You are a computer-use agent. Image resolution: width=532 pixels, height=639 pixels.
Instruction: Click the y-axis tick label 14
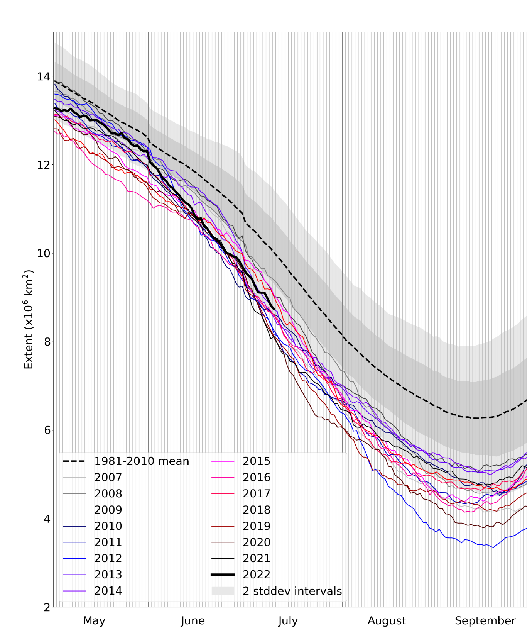click(x=43, y=76)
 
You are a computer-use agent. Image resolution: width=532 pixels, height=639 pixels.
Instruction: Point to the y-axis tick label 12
click(x=43, y=165)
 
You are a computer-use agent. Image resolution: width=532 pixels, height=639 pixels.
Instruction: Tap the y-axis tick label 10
click(x=43, y=253)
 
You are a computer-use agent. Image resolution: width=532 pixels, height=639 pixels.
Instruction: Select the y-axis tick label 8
click(x=47, y=342)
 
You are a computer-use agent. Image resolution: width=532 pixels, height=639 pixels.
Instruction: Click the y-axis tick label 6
click(x=47, y=430)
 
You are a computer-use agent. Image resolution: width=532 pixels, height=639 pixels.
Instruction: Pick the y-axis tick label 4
click(x=47, y=519)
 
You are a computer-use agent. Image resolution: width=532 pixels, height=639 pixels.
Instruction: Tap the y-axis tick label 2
click(x=47, y=607)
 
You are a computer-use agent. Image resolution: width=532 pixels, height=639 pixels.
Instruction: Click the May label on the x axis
click(x=94, y=621)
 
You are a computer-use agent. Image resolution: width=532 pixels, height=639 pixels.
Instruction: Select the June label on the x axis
click(x=193, y=621)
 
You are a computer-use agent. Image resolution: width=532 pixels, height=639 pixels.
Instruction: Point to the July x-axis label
click(x=288, y=621)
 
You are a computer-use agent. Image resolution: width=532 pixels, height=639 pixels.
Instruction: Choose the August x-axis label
click(x=387, y=621)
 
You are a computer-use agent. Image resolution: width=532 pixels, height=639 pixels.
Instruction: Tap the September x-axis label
click(x=485, y=621)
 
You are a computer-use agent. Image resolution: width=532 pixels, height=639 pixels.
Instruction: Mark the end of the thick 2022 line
click(x=274, y=309)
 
